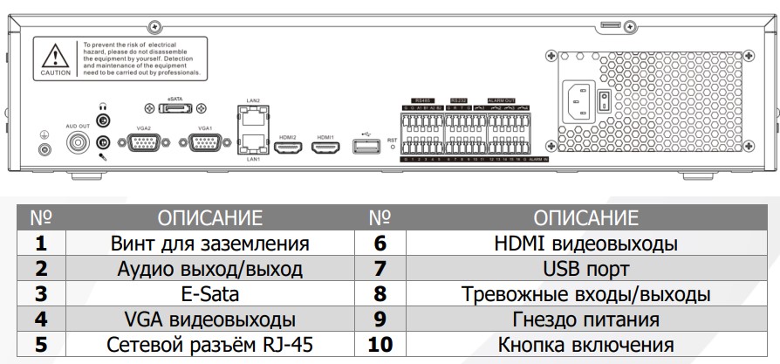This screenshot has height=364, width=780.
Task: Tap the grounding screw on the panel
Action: point(43,149)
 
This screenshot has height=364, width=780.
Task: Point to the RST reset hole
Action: point(393,148)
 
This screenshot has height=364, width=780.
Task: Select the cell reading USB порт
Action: point(585,268)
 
